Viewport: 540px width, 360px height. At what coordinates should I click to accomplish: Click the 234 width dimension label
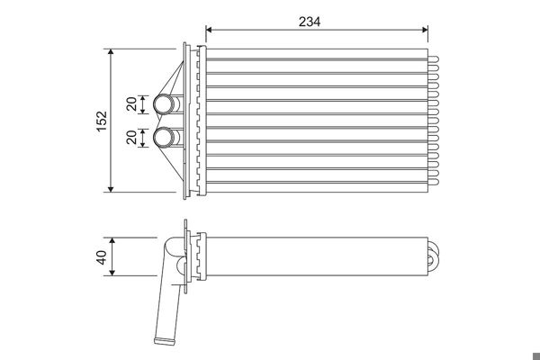[310, 22]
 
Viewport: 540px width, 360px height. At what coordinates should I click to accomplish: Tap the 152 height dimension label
[102, 121]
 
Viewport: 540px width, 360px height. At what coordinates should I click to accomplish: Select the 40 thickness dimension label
[101, 257]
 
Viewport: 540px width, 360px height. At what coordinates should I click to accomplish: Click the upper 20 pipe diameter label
[131, 104]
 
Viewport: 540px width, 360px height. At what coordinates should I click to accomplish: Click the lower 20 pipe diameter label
[131, 137]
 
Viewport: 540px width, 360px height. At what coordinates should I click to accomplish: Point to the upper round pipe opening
[164, 104]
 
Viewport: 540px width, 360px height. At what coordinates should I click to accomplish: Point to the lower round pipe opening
[164, 138]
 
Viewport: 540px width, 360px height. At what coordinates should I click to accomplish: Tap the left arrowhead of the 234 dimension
[209, 30]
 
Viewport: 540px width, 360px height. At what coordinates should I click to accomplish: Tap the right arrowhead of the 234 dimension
[425, 30]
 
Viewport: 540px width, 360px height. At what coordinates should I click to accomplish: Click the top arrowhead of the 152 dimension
[111, 52]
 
